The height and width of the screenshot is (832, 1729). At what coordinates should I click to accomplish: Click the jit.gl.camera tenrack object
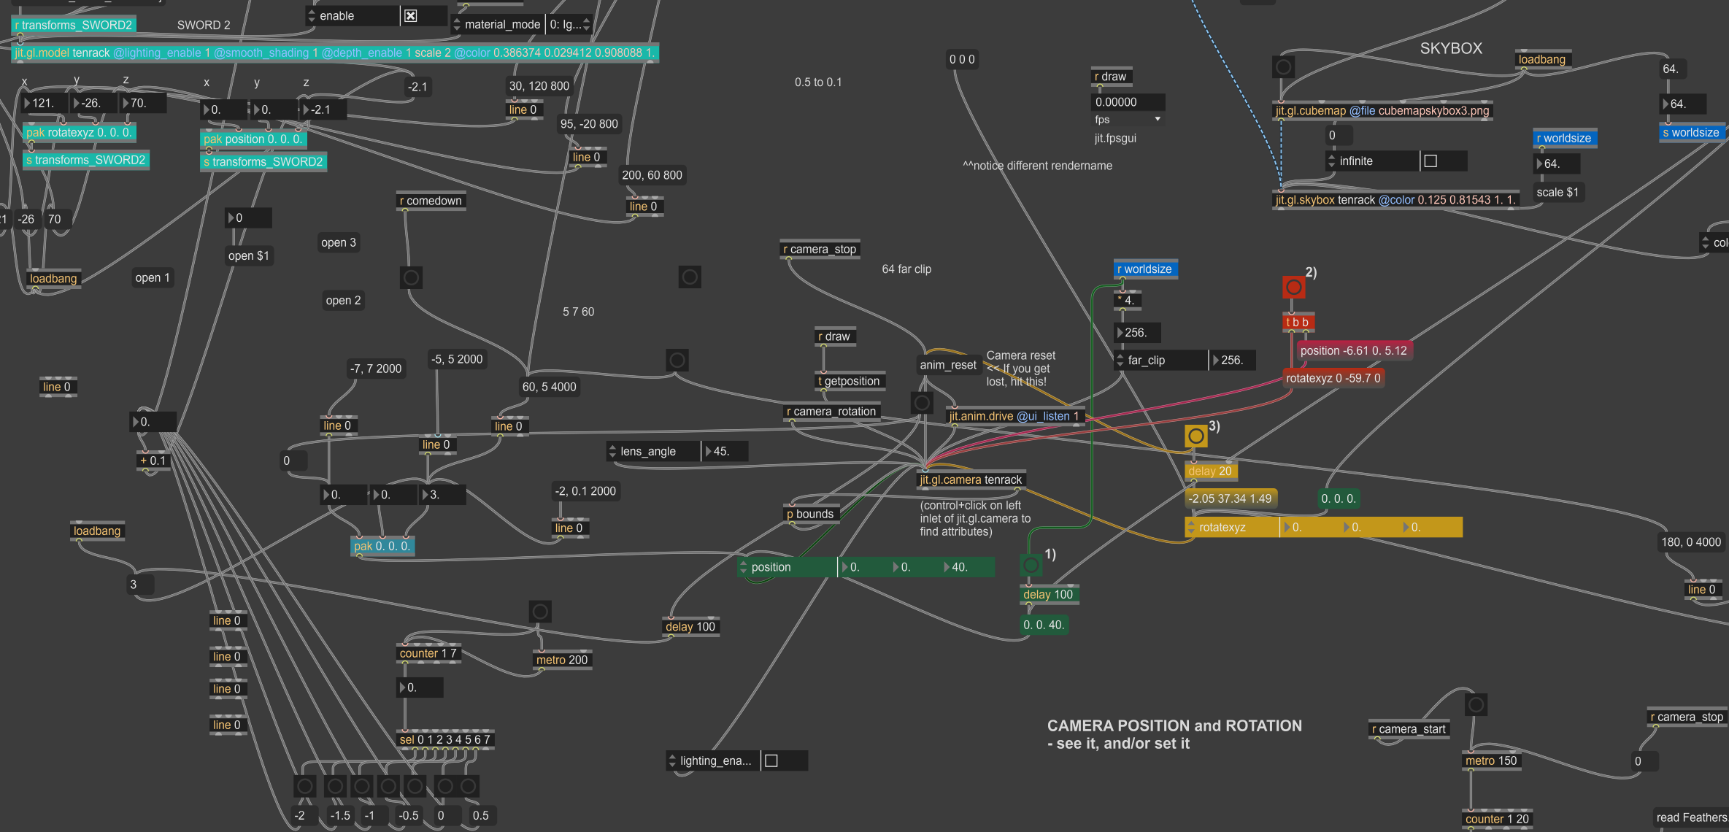pyautogui.click(x=971, y=479)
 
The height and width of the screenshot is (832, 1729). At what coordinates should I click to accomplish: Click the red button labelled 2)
pyautogui.click(x=1293, y=287)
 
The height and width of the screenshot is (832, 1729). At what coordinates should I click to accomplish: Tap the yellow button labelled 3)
pyautogui.click(x=1195, y=436)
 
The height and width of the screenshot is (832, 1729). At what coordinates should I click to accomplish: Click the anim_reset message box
pyautogui.click(x=947, y=365)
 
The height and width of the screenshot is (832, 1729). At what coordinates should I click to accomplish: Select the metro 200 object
pyautogui.click(x=561, y=660)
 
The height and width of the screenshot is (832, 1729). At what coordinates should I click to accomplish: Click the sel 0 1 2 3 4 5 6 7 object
pyautogui.click(x=444, y=739)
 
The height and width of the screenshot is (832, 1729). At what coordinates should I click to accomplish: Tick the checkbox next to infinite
pyautogui.click(x=1430, y=161)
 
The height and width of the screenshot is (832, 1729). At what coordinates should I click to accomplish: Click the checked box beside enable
pyautogui.click(x=411, y=16)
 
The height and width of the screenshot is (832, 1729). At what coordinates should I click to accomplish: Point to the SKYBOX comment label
pyautogui.click(x=1451, y=48)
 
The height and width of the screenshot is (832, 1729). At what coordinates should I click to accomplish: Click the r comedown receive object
pyautogui.click(x=431, y=201)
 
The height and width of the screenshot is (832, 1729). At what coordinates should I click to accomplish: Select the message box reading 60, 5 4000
pyautogui.click(x=549, y=387)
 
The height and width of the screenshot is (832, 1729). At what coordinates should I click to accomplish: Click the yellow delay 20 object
pyautogui.click(x=1209, y=471)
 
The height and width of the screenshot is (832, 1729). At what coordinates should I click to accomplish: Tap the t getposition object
pyautogui.click(x=849, y=381)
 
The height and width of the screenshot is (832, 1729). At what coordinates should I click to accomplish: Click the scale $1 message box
pyautogui.click(x=1557, y=193)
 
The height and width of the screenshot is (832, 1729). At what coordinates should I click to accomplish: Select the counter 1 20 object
pyautogui.click(x=1496, y=819)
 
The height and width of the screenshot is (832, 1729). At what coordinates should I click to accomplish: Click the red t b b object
pyautogui.click(x=1297, y=322)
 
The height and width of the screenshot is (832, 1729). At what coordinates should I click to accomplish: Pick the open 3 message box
pyautogui.click(x=339, y=242)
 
